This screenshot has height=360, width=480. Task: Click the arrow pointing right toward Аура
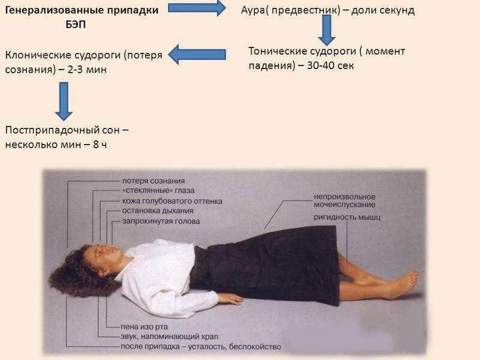196,8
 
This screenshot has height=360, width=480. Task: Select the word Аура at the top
253,10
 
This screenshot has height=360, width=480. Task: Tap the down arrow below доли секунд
326,29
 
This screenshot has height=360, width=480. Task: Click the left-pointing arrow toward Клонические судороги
196,55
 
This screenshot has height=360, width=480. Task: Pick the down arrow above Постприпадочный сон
64,100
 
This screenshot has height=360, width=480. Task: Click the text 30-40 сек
329,65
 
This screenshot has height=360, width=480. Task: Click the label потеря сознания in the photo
153,181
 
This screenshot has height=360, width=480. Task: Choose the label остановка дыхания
157,211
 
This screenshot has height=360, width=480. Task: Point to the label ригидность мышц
346,217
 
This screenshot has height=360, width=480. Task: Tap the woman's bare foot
399,284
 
